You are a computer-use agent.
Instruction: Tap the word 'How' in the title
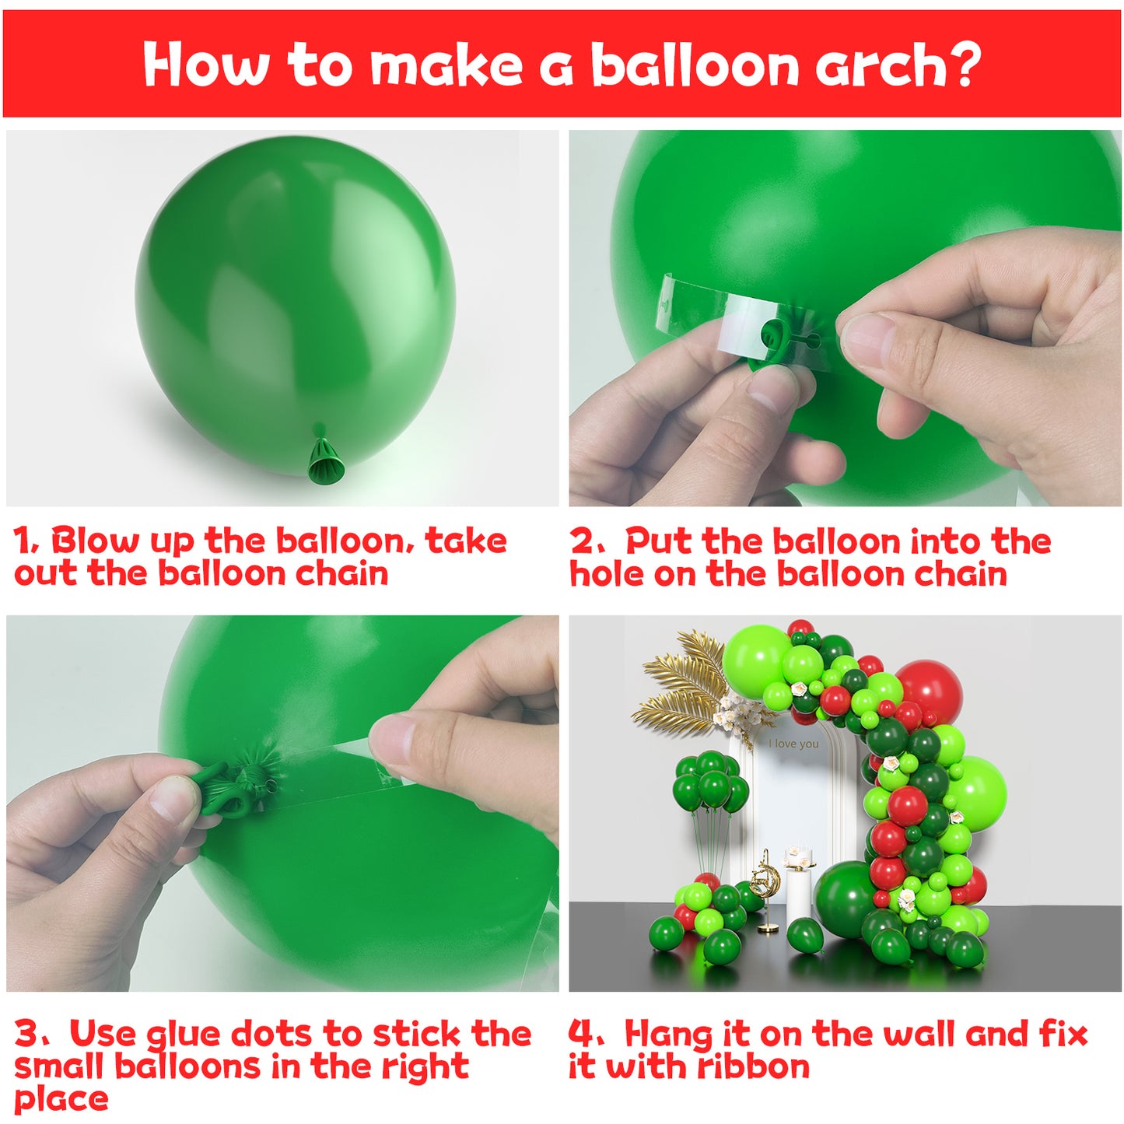206,65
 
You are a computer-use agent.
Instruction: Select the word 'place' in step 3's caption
61,1099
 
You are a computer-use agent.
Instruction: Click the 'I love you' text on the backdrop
793,744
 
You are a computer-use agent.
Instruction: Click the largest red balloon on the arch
930,689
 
